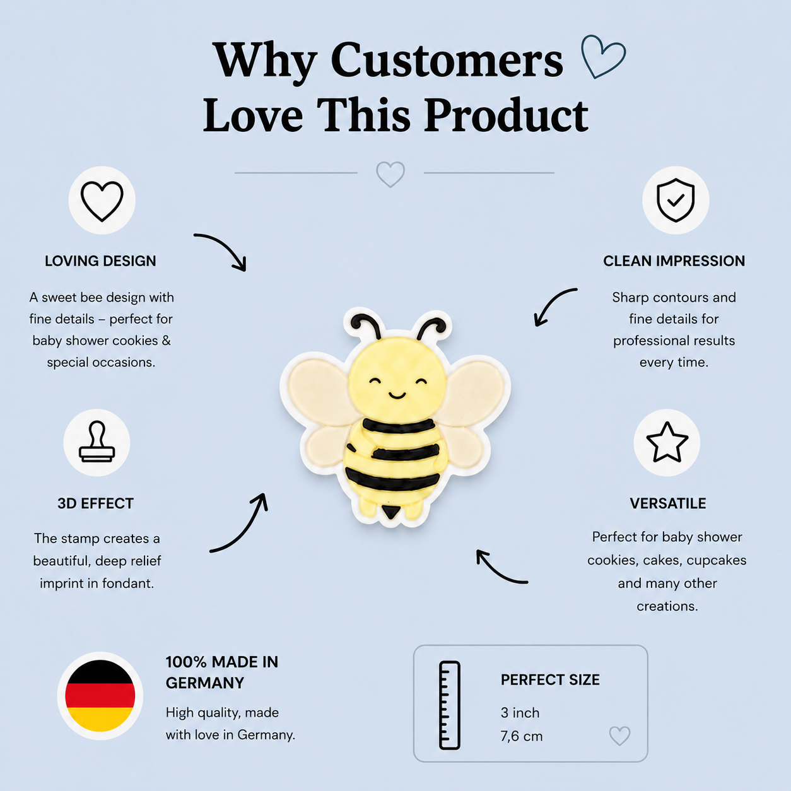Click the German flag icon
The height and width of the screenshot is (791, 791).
pos(100,696)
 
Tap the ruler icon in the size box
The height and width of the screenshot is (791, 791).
pos(450,705)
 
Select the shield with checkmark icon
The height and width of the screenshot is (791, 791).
pos(675,200)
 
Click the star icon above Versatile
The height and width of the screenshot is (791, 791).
pos(667,443)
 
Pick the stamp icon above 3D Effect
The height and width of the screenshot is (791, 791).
pos(97,442)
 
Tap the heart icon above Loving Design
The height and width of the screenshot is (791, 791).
pos(102,201)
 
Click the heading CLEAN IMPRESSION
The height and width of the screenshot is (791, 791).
pos(674,261)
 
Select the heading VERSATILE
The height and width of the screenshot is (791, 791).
pos(668,503)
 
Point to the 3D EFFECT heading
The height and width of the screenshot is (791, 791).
pos(96,503)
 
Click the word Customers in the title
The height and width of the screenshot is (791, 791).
pos(447,61)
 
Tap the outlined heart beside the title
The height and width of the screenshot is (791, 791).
pos(603,56)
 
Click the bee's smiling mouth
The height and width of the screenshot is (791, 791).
pos(397,396)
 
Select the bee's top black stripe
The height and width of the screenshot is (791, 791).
pos(398,426)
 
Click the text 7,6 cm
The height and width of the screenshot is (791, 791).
pos(521,736)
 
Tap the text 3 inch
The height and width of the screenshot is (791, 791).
pos(520,713)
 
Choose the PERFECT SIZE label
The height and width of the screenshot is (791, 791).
pos(550,680)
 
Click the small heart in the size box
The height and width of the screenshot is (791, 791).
pos(619,735)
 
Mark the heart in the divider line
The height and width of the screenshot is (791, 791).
pos(390,174)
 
